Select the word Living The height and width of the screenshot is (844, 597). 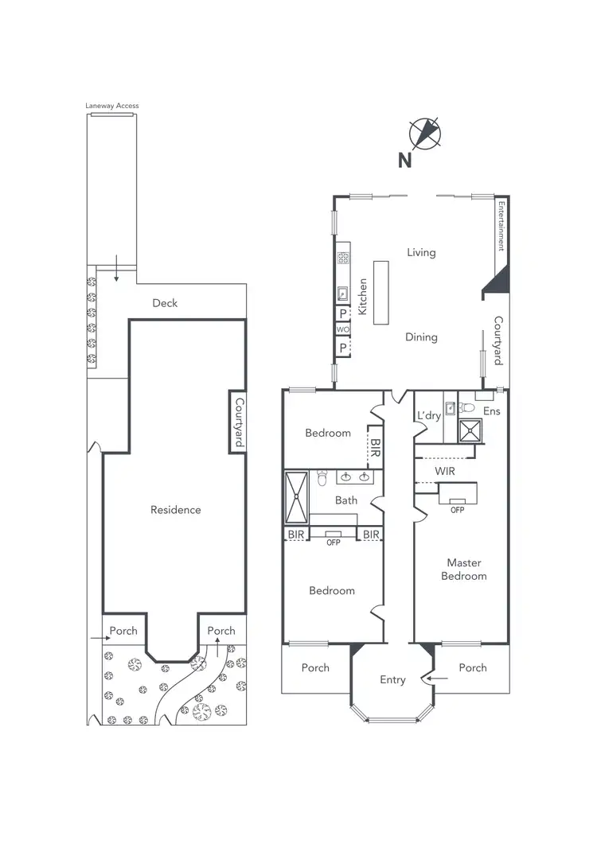coord(421,252)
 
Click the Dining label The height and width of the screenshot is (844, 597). coord(421,336)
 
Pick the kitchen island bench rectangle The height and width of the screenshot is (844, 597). coord(380,292)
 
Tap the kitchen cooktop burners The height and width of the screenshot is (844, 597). coord(343,257)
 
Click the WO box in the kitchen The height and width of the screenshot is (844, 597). coord(343,329)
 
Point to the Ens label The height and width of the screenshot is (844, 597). coord(491,412)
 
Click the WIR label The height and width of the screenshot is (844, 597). coord(445,472)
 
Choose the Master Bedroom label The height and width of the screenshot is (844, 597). coord(463,569)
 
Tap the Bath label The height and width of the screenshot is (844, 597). coord(346,500)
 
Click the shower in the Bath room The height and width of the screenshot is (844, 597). coord(297,495)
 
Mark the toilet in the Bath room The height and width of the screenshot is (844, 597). coord(322,478)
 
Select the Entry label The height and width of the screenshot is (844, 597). coord(392,679)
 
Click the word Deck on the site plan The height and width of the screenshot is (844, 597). coord(165,303)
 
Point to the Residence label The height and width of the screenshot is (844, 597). coord(176,510)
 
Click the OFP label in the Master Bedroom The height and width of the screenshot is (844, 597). coord(457,510)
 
